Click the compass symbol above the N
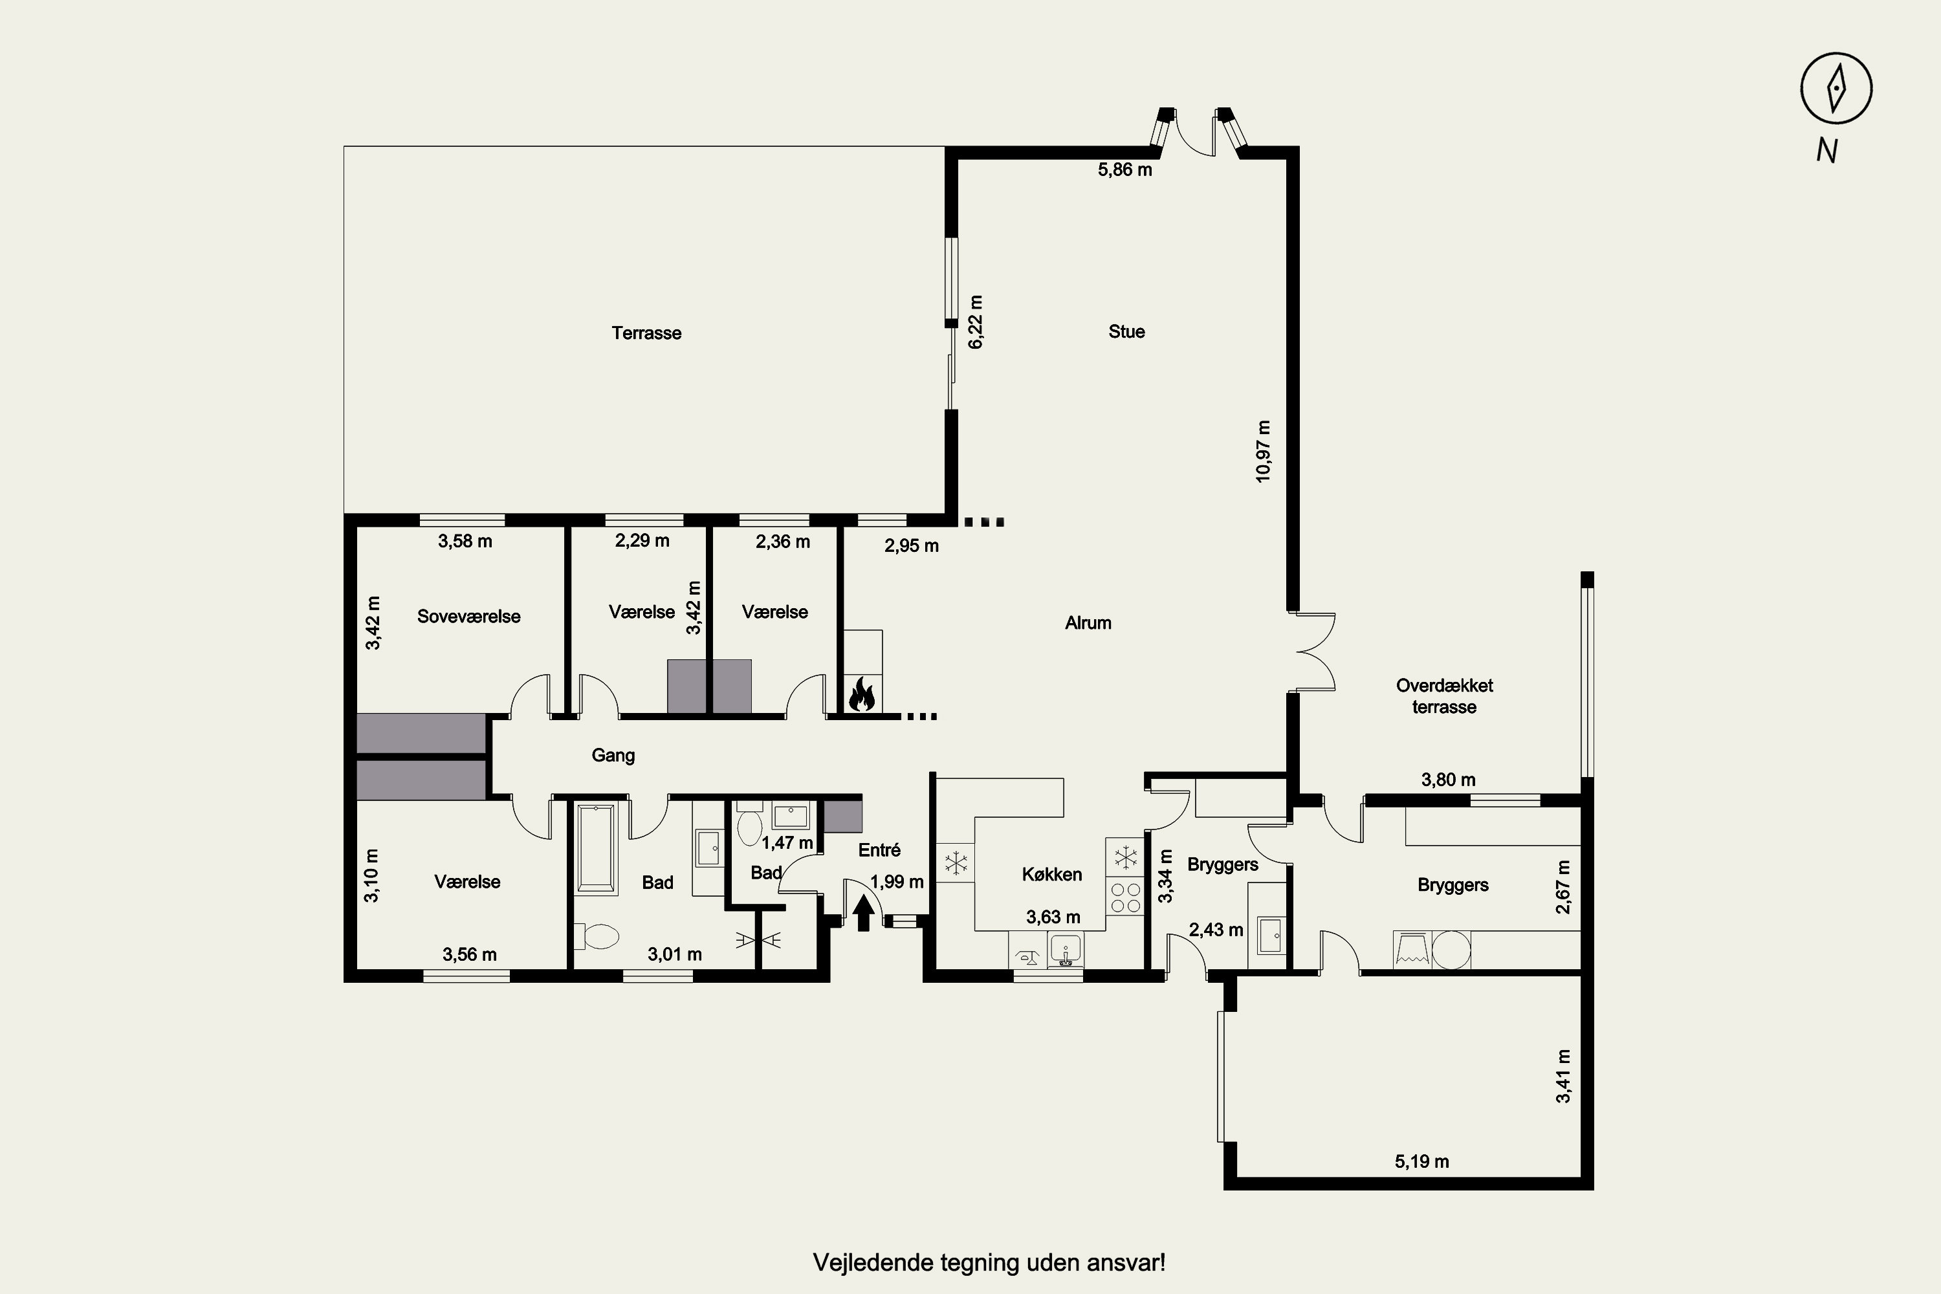[1836, 88]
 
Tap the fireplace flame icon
[862, 694]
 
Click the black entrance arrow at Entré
[864, 914]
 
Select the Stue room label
[1126, 332]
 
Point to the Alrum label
[1088, 623]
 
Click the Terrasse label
[646, 333]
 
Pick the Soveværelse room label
[468, 617]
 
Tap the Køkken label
[1051, 874]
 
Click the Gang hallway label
[613, 756]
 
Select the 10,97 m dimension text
[1263, 452]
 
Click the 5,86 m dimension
[1125, 170]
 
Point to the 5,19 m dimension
[1422, 1162]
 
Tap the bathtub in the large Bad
[596, 849]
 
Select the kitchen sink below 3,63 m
[1066, 949]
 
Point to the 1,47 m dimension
[787, 842]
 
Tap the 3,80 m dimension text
[1449, 780]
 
